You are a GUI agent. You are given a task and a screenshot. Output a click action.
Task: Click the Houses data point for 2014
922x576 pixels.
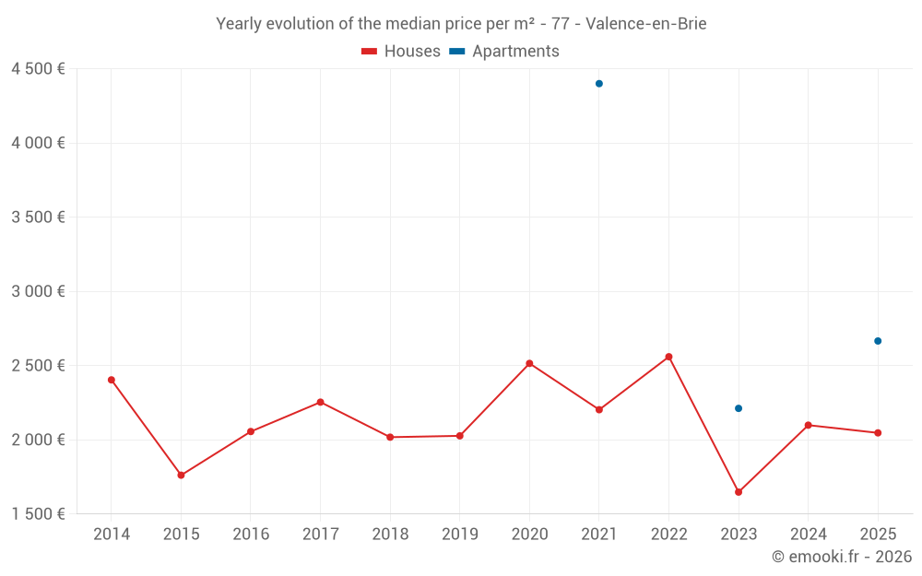(x=112, y=380)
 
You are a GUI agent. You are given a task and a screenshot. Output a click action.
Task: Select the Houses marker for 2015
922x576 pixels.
(x=181, y=476)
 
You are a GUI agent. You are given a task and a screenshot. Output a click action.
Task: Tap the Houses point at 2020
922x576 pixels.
(x=529, y=363)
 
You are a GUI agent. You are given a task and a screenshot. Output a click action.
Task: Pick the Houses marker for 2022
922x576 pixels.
(x=668, y=357)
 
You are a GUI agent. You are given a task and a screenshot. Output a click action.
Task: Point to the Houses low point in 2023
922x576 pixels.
(x=739, y=492)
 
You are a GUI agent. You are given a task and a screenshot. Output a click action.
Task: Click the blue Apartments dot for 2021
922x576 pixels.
(x=599, y=84)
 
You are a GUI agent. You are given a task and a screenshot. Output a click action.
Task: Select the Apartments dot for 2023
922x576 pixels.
(x=739, y=408)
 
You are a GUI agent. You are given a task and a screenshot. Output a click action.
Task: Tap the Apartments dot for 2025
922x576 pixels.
(x=878, y=341)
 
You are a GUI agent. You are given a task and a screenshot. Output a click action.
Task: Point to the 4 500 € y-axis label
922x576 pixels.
(x=38, y=69)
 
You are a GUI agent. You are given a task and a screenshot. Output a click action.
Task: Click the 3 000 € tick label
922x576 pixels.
(x=38, y=291)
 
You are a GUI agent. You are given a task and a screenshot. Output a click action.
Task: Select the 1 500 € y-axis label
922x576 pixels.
(x=38, y=513)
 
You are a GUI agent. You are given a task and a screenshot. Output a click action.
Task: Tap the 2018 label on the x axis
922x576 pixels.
(x=390, y=534)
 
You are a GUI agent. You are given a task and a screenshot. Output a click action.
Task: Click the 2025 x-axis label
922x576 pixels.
(x=878, y=534)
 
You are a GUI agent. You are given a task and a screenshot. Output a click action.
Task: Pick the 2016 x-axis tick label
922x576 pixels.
(x=251, y=534)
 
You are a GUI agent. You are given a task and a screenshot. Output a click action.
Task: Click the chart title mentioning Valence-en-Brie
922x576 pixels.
(x=461, y=24)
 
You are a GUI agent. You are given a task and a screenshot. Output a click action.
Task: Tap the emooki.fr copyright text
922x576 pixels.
(x=841, y=557)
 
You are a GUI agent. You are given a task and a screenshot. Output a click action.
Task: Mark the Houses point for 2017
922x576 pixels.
(x=320, y=402)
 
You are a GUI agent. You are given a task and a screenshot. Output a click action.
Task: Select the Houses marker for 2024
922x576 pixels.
(x=808, y=425)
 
